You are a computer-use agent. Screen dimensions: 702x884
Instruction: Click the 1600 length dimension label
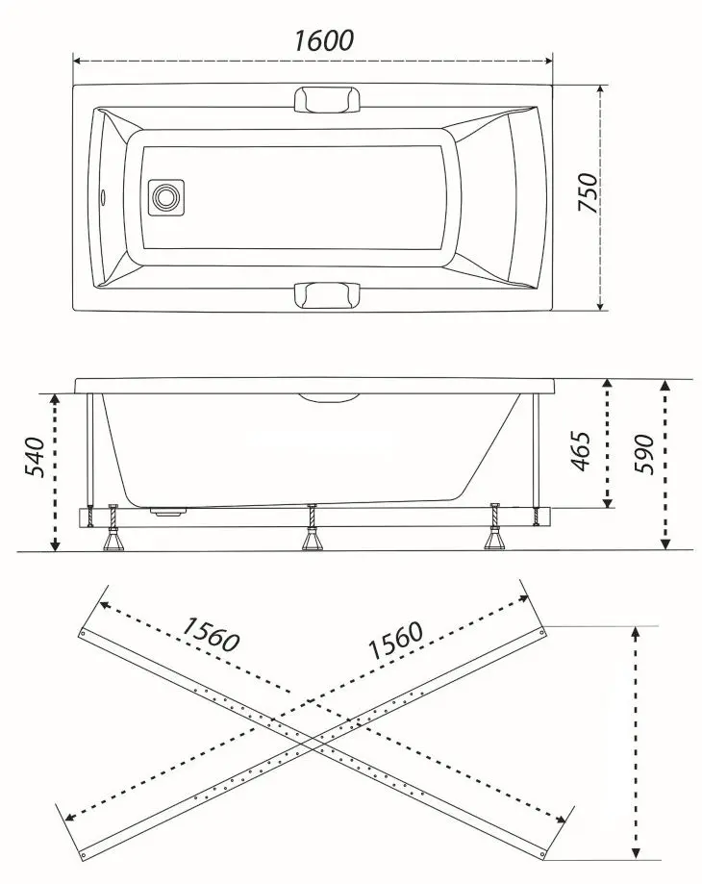tap(324, 40)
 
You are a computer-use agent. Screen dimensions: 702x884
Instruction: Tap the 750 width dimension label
tap(588, 192)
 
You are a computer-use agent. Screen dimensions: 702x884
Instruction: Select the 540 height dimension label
tap(35, 456)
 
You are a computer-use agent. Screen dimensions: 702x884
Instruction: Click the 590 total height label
tap(644, 454)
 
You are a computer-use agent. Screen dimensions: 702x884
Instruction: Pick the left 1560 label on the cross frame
tap(211, 635)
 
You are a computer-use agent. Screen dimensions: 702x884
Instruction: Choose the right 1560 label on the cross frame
tap(395, 640)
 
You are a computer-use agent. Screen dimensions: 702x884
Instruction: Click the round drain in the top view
tap(166, 197)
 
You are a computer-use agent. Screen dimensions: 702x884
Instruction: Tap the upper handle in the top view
tap(327, 99)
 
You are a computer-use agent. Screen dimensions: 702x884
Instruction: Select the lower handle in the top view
tap(327, 295)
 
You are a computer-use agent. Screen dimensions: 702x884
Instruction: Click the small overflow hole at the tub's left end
tap(103, 197)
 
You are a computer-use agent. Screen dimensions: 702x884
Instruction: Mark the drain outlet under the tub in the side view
tap(167, 512)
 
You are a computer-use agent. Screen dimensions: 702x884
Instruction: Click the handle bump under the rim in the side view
tap(329, 397)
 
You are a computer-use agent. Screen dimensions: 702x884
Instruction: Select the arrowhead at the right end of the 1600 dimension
tap(546, 61)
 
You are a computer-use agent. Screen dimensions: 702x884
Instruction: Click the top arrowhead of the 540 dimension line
tap(55, 398)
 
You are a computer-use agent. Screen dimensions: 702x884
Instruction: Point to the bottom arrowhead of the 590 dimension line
tap(665, 543)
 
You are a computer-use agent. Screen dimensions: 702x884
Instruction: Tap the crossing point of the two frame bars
tap(313, 744)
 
